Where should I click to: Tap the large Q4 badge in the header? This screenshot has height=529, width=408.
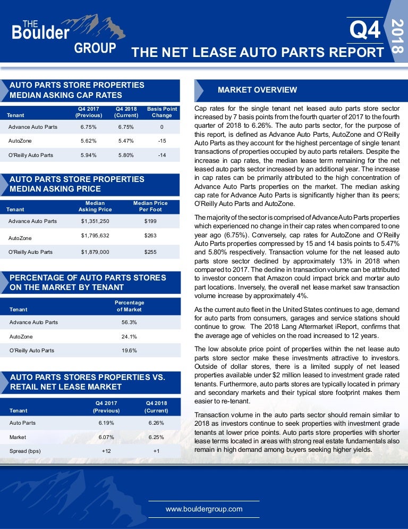pyautogui.click(x=365, y=30)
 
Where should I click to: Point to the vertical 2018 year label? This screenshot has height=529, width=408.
pyautogui.click(x=396, y=35)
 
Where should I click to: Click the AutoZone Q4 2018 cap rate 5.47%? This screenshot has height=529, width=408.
pyautogui.click(x=126, y=141)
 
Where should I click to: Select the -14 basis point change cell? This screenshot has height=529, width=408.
pyautogui.click(x=162, y=155)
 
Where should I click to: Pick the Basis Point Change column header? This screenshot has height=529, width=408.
pyautogui.click(x=162, y=112)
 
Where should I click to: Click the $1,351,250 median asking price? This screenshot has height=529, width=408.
pyautogui.click(x=95, y=221)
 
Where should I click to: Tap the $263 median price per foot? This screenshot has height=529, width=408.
pyautogui.click(x=150, y=236)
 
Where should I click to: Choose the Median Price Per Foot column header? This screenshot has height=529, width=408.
pyautogui.click(x=150, y=206)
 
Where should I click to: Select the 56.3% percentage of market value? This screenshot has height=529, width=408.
pyautogui.click(x=129, y=322)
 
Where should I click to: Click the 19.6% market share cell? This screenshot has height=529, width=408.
pyautogui.click(x=129, y=351)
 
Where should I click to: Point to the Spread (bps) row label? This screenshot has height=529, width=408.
pyautogui.click(x=25, y=451)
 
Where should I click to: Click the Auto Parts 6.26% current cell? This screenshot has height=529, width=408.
pyautogui.click(x=156, y=423)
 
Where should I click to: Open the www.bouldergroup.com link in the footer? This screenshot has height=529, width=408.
pyautogui.click(x=204, y=509)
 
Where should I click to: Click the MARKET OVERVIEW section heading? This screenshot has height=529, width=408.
pyautogui.click(x=257, y=89)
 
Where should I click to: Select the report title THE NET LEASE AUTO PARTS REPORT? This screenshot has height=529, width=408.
pyautogui.click(x=257, y=52)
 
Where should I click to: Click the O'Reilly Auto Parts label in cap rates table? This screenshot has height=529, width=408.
pyautogui.click(x=31, y=155)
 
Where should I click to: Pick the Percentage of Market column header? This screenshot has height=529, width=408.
pyautogui.click(x=129, y=305)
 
